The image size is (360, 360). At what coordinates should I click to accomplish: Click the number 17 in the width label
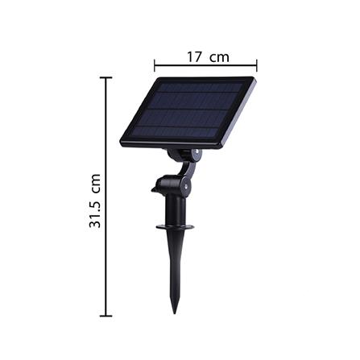[194, 56]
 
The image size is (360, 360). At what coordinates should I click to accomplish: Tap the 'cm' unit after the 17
[219, 57]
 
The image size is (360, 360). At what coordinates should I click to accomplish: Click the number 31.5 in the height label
[95, 211]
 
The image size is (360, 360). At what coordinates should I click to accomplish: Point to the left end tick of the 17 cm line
[155, 65]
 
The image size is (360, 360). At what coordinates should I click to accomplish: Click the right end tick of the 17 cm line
[256, 65]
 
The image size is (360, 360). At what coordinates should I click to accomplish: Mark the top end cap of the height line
[106, 77]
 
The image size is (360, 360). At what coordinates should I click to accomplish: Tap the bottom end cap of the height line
[106, 316]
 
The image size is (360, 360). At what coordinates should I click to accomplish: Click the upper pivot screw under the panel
[195, 153]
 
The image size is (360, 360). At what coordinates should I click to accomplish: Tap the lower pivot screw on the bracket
[186, 185]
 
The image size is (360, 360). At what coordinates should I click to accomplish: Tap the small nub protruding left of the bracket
[155, 191]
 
